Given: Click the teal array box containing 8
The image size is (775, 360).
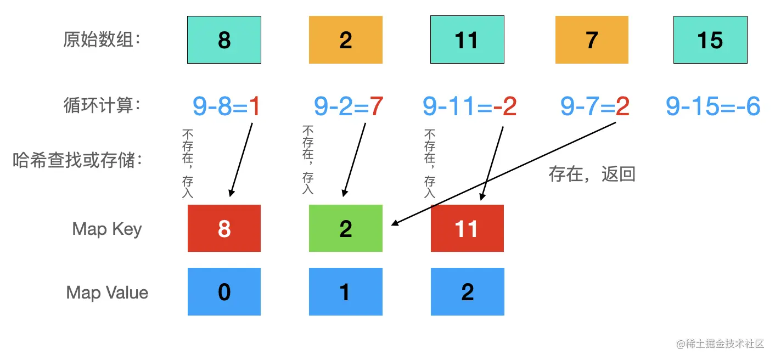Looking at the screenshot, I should (224, 40).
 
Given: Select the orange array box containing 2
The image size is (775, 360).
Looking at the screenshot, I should (345, 40).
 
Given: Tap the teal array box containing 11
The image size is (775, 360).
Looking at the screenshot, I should (467, 40).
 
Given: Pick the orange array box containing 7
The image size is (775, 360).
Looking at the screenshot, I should (592, 40).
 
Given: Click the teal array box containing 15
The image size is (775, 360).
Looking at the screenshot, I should (710, 40).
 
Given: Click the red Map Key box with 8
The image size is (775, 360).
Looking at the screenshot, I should (224, 228).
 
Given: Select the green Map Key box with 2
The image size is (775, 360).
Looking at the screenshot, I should (345, 228).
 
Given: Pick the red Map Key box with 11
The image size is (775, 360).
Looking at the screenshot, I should (467, 228).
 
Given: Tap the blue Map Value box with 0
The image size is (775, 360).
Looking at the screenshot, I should (224, 292).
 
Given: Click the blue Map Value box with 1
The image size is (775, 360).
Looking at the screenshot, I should (345, 292).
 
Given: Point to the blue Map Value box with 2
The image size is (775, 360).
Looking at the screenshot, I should (467, 292).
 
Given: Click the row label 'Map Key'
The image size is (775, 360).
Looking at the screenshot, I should (107, 229).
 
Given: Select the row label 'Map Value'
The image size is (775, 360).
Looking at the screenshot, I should (107, 292).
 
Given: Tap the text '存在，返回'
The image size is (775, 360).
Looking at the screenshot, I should (592, 175).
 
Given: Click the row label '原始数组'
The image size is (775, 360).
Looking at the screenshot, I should (102, 40).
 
